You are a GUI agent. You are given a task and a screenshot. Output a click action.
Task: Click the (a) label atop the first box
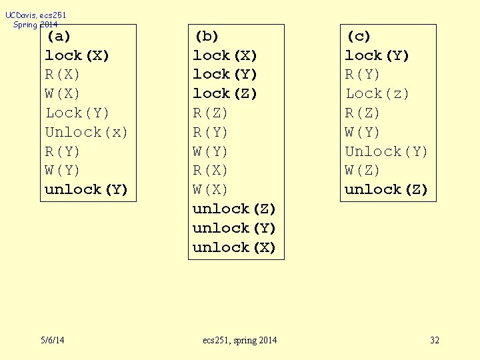point(58,36)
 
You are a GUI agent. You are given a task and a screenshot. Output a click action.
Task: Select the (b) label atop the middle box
point(206,36)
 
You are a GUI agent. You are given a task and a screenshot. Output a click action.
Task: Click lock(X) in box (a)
point(77,55)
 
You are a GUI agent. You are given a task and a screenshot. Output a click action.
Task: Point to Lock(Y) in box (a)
point(77,113)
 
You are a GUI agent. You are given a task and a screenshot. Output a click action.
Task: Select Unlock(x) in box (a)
point(86,132)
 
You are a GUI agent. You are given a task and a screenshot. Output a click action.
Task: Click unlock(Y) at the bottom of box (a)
point(86,189)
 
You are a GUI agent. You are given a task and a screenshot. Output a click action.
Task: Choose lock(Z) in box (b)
point(225,93)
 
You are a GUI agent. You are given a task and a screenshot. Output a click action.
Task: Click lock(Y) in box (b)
point(225,74)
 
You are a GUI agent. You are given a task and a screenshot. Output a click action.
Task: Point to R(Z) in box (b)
point(211,113)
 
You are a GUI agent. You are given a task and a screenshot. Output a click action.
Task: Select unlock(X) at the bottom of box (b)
point(234,247)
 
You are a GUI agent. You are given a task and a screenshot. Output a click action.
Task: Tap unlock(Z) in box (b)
point(234,209)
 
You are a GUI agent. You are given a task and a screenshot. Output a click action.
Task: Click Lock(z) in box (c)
point(377,93)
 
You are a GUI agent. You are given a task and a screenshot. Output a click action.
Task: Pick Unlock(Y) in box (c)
point(386,151)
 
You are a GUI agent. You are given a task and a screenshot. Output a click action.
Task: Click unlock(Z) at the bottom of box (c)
point(386,189)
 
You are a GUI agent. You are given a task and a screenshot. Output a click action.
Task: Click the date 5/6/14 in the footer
point(52,341)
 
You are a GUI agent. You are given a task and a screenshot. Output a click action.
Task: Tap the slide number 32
point(435,341)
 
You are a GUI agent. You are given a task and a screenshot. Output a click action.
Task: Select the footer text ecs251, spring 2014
point(240,341)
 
